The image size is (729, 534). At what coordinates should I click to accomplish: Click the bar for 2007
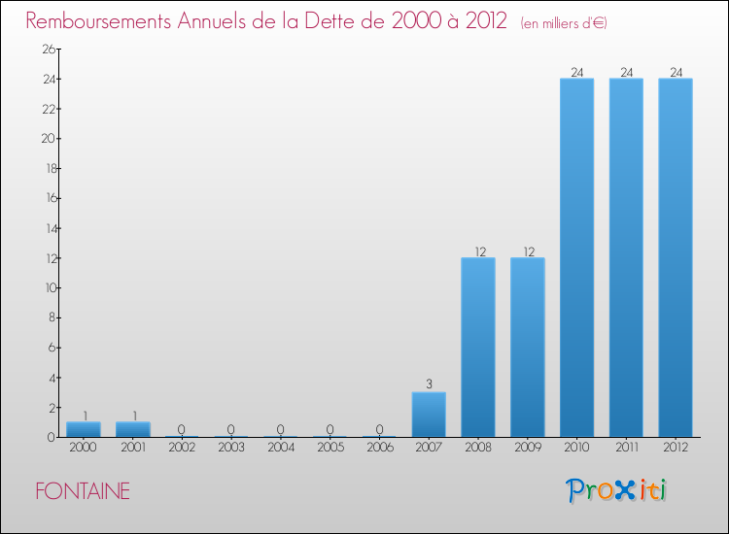(429, 415)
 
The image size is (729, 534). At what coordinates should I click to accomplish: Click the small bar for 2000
(84, 429)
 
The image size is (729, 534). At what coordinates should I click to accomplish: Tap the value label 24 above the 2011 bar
(626, 72)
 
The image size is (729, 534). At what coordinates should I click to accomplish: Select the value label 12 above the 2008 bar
(478, 250)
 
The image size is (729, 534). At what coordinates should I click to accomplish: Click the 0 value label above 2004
(281, 429)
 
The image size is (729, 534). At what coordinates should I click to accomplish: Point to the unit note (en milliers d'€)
(564, 22)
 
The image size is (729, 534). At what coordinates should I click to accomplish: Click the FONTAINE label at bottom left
(83, 491)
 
